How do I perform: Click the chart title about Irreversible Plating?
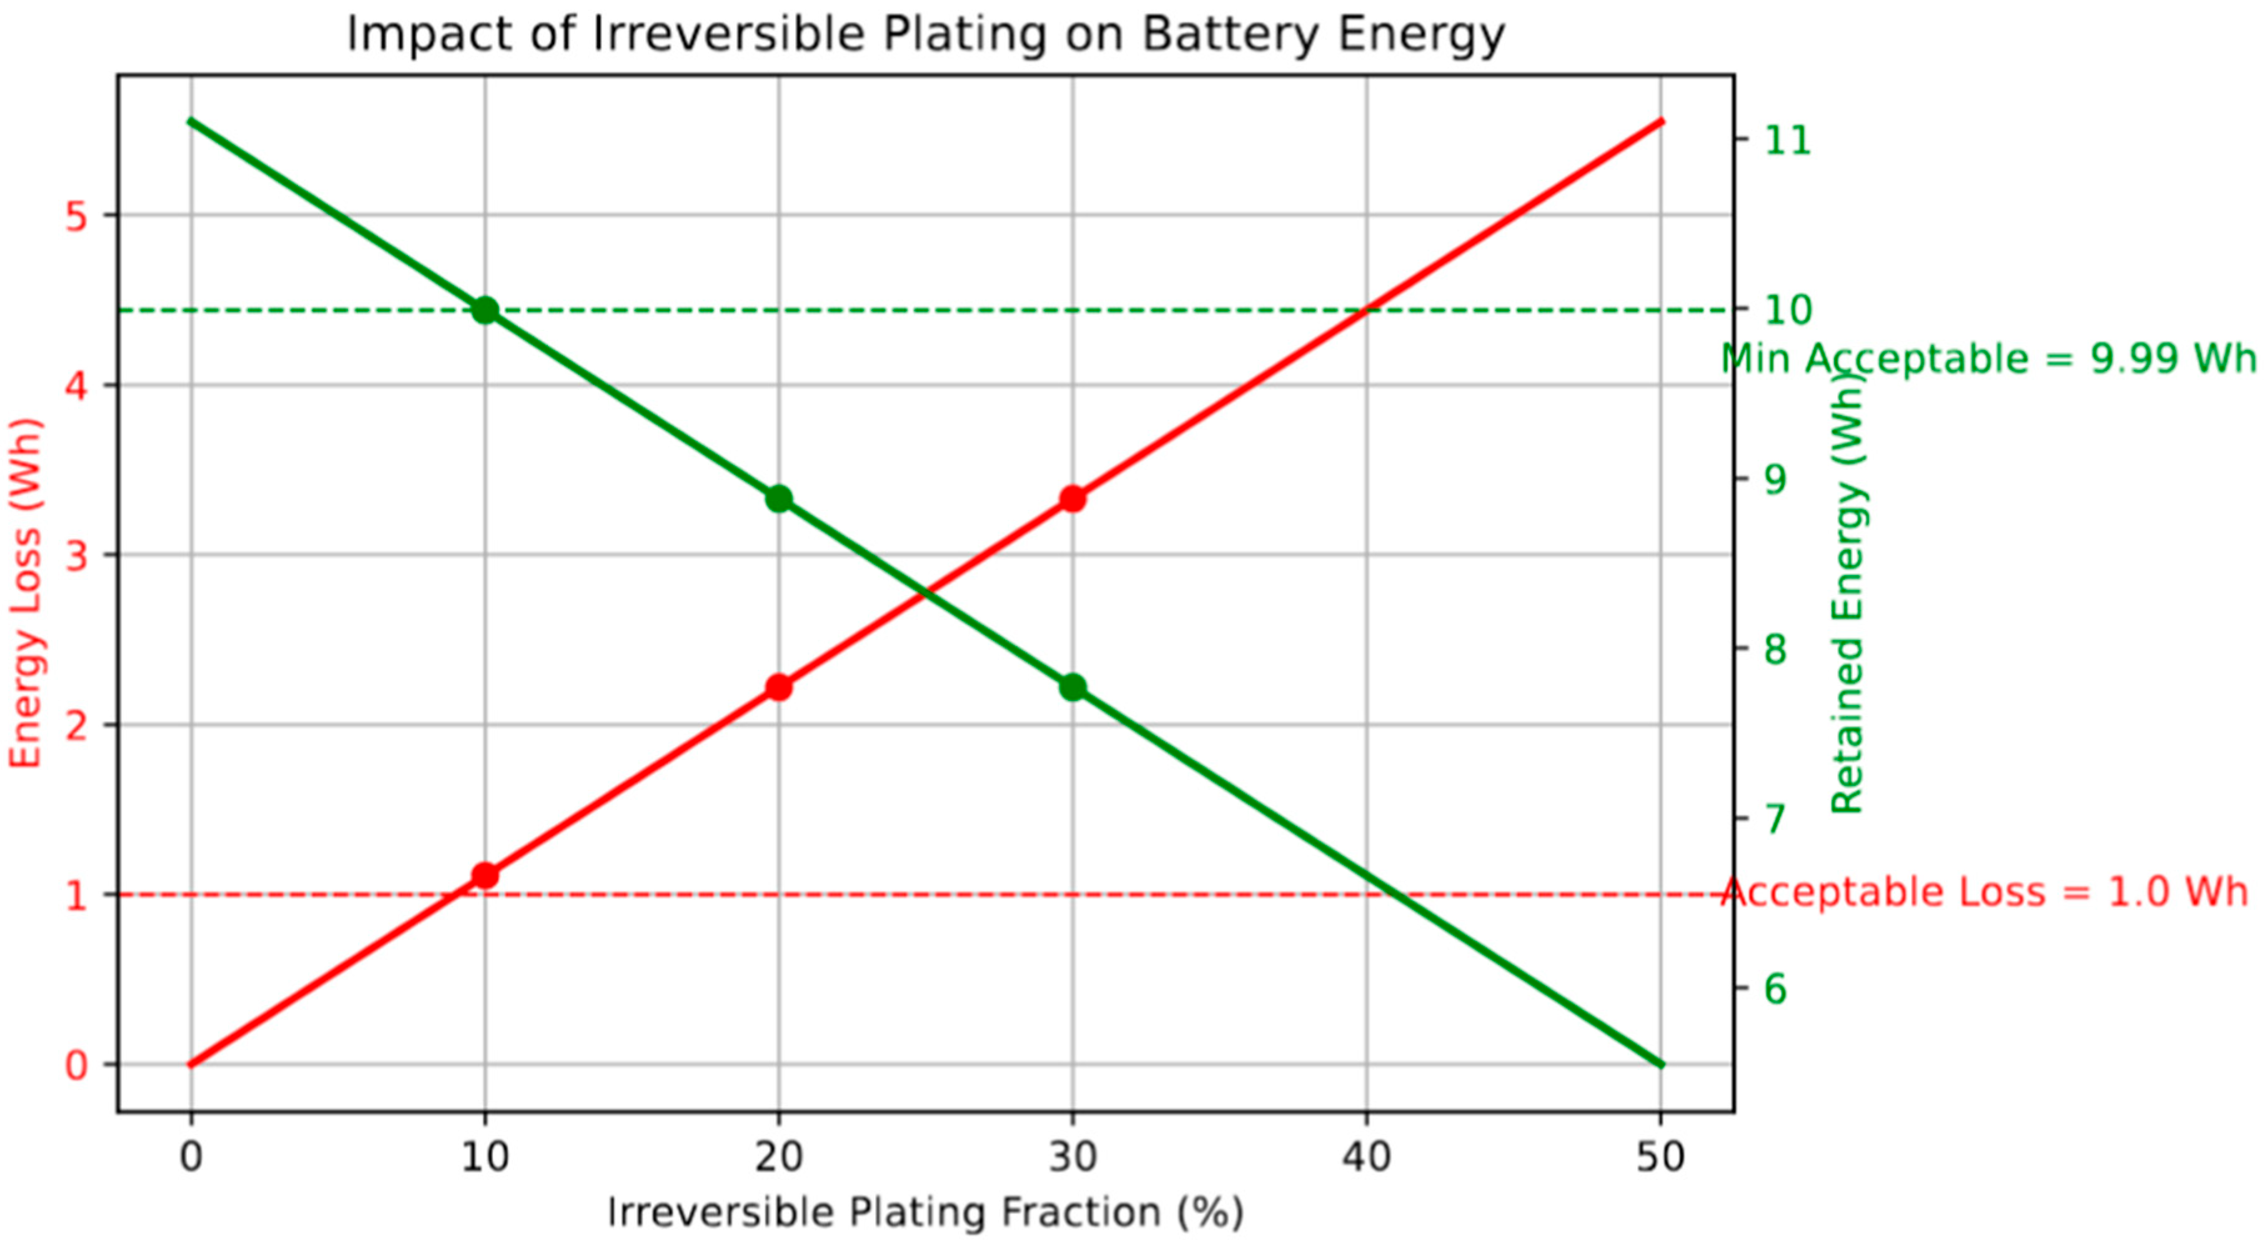pos(925,35)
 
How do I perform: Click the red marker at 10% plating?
pos(485,875)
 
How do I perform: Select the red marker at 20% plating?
pos(778,687)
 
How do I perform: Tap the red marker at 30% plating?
pos(1072,499)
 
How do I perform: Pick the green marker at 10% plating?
pos(485,309)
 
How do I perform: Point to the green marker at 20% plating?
pos(778,499)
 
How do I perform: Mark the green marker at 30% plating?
pos(1072,687)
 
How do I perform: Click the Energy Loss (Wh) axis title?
pos(26,594)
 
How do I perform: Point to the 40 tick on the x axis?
pos(1365,1157)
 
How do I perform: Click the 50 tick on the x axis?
pos(1660,1157)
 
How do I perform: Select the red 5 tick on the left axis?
pos(77,216)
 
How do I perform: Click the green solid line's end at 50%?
pos(1660,1064)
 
